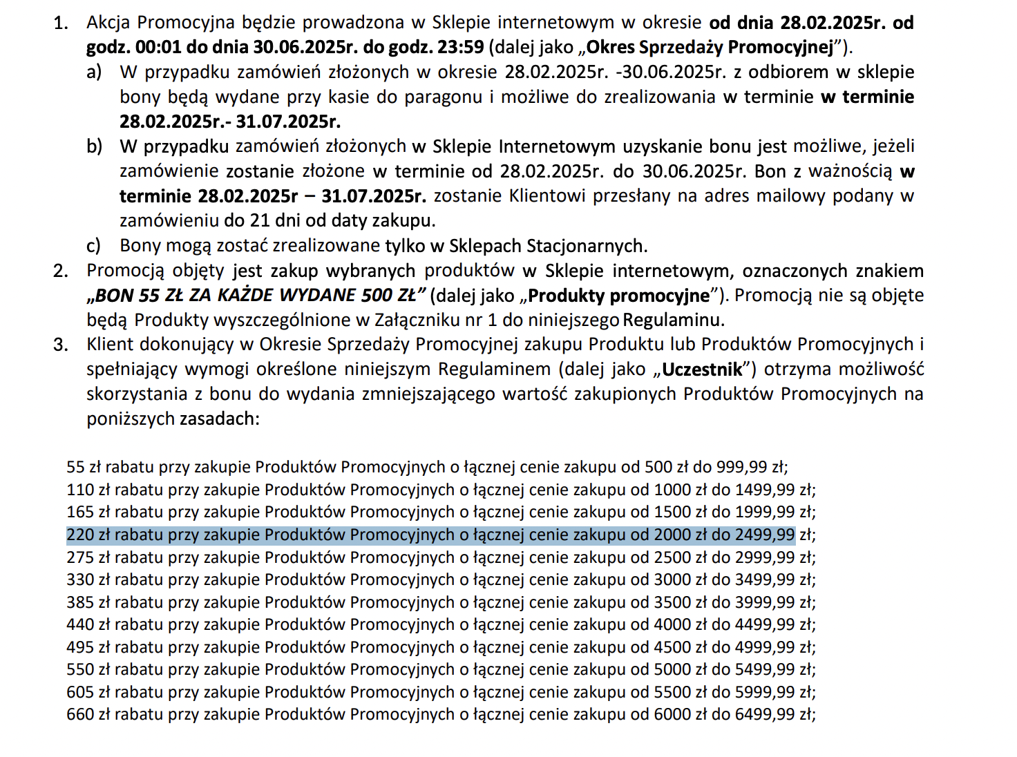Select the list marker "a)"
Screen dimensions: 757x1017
(94, 72)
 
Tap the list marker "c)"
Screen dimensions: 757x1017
(93, 246)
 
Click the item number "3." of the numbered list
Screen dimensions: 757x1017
(61, 344)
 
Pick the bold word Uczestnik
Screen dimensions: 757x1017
(702, 370)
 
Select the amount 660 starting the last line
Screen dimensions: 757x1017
(79, 714)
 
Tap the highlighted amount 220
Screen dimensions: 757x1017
(79, 535)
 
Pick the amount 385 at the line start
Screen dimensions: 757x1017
(79, 602)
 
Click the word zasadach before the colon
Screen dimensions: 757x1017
(218, 419)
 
